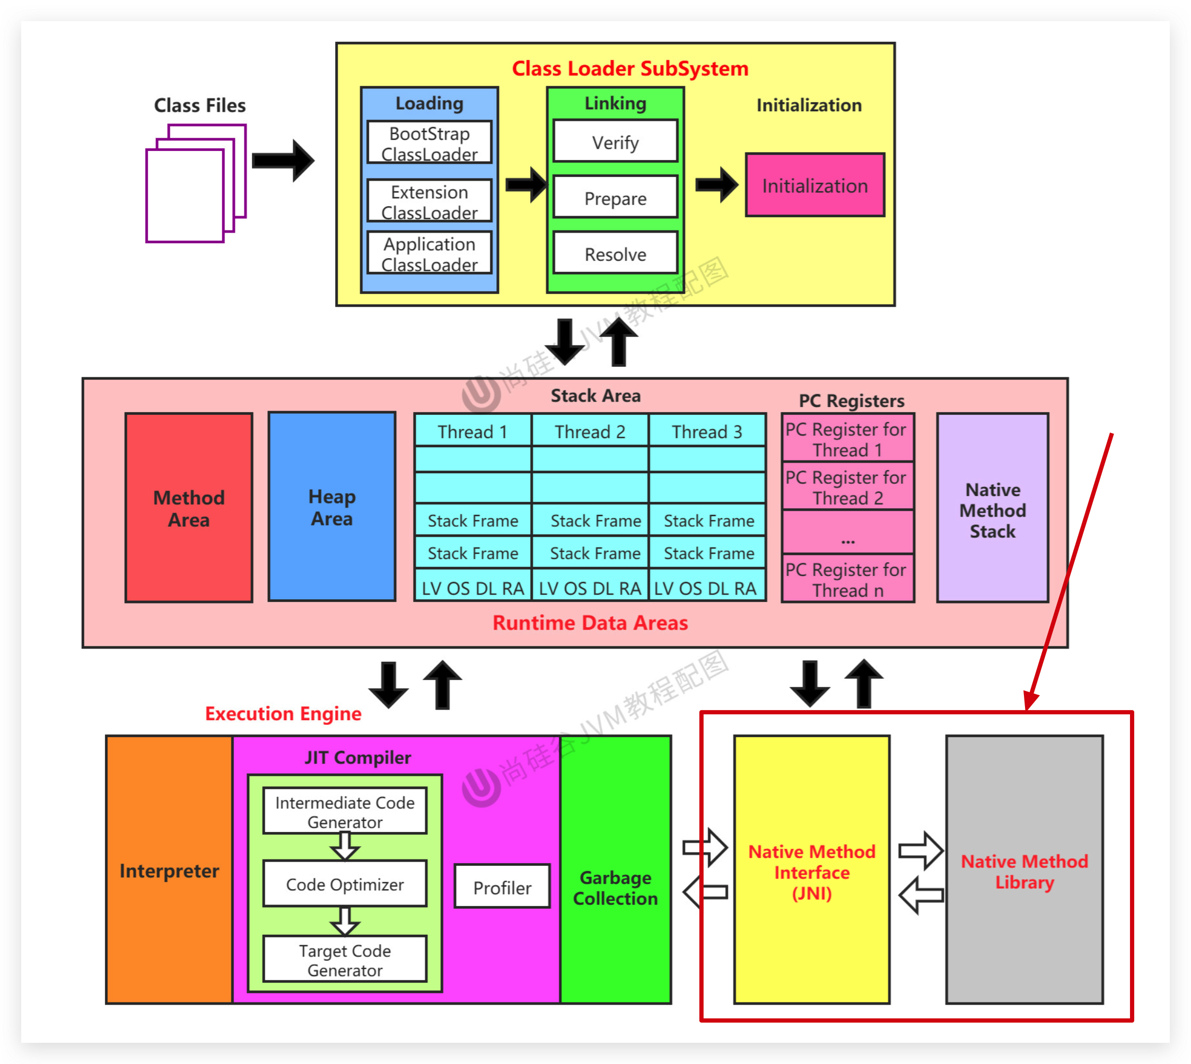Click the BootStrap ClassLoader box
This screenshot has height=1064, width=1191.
[430, 143]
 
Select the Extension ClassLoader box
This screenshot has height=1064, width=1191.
[430, 201]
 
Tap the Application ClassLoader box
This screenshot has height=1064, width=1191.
[430, 253]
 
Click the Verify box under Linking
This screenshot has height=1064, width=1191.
[616, 141]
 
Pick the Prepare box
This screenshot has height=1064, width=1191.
[616, 198]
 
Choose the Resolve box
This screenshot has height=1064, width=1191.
[616, 253]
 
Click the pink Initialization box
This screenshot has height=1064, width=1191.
[815, 185]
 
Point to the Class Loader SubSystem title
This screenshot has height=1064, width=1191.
[630, 68]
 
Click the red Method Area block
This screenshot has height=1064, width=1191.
[189, 508]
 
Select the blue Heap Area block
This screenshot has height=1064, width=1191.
[331, 506]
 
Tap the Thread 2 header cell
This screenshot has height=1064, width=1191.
[590, 431]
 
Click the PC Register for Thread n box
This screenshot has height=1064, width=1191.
[847, 579]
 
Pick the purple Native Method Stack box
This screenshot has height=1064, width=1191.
[992, 508]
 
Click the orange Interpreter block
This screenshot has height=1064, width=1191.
[169, 870]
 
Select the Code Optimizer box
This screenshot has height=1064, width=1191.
[345, 884]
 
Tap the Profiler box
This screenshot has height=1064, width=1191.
[502, 887]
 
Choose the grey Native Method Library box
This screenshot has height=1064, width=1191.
[1024, 870]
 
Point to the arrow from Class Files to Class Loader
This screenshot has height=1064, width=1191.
[283, 160]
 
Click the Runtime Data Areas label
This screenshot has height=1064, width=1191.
[590, 623]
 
